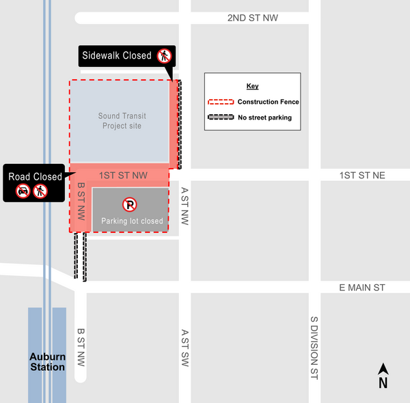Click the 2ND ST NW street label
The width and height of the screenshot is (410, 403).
coord(253,18)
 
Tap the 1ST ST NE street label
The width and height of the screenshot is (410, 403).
coord(362,176)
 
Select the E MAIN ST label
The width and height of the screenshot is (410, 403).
coord(362,288)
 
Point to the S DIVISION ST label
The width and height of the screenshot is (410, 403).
coord(314,348)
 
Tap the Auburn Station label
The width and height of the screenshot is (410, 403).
coord(47,362)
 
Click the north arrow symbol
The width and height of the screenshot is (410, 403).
coord(383,376)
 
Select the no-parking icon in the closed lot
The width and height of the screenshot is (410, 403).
coord(129,204)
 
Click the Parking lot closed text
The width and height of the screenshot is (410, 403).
coord(132,221)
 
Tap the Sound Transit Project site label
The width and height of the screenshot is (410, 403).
coord(122,121)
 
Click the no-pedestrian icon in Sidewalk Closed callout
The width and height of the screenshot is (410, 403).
coord(164,55)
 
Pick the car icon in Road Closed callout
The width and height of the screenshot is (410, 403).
coord(23,191)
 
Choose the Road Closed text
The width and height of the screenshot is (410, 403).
coord(35,177)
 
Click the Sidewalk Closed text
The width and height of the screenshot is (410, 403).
coord(117,55)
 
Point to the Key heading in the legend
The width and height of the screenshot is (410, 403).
coord(253,86)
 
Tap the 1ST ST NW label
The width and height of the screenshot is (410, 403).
coord(123,176)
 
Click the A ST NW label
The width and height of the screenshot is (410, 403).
coord(184,207)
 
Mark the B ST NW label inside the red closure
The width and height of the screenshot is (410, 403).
coord(81,201)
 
